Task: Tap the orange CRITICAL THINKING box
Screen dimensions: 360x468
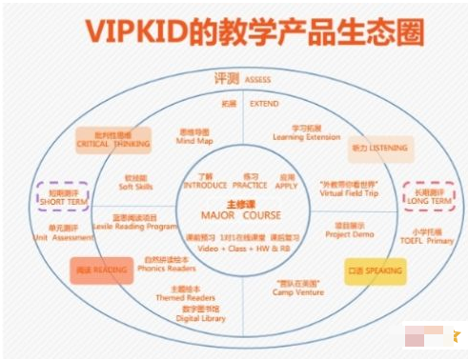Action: coord(107,139)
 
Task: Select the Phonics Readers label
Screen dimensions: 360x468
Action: coord(166,268)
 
